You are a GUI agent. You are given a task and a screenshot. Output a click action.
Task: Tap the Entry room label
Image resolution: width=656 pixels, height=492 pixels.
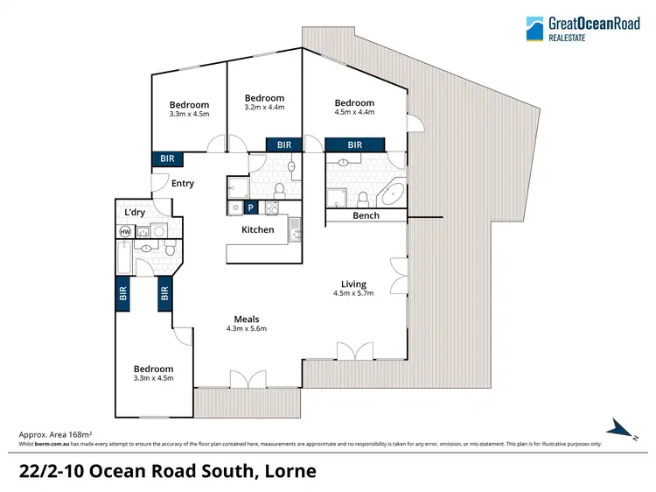click(x=183, y=184)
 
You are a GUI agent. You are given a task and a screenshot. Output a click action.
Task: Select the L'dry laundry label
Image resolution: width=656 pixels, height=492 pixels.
click(x=135, y=213)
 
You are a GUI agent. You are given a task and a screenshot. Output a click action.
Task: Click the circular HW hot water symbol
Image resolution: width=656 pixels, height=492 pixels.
click(x=125, y=231)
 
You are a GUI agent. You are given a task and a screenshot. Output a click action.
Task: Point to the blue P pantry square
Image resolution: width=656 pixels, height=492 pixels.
click(x=251, y=207)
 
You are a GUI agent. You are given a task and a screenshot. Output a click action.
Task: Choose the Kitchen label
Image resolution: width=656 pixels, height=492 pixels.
click(x=258, y=230)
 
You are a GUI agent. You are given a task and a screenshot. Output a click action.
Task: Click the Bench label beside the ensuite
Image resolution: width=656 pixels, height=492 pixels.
click(x=366, y=215)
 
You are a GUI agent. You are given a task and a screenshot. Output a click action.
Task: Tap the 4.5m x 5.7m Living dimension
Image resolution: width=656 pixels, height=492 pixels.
click(x=354, y=294)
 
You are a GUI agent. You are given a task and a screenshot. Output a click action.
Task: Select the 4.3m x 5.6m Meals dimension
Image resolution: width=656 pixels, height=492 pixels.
click(x=246, y=329)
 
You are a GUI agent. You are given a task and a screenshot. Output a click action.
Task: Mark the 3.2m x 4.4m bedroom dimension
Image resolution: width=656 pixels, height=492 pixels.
click(x=264, y=108)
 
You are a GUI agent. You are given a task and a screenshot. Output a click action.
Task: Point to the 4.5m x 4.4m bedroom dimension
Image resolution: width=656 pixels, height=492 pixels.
click(x=354, y=112)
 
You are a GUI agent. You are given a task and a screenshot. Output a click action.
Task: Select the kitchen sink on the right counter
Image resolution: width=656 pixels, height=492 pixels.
click(x=297, y=231)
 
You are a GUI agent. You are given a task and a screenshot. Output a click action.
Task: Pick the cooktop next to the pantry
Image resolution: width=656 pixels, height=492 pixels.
click(x=270, y=207)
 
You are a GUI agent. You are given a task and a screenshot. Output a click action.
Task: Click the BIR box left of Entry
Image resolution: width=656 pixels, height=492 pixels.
click(x=165, y=159)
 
